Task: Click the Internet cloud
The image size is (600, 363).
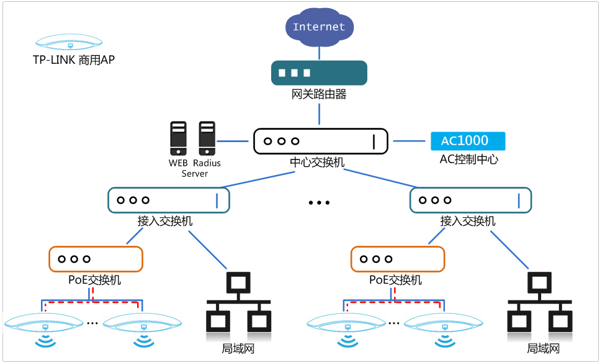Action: click(319, 27)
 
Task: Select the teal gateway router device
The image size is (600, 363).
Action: click(319, 73)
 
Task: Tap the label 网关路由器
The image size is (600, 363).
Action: click(319, 95)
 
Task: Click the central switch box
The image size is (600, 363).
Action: click(320, 141)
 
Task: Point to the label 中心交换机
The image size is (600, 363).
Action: click(317, 163)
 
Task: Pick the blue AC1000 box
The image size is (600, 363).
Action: click(468, 141)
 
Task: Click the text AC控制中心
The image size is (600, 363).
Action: click(468, 159)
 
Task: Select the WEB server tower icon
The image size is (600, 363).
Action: click(178, 138)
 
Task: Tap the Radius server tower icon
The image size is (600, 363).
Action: click(207, 138)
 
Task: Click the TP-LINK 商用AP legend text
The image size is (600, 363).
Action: click(74, 60)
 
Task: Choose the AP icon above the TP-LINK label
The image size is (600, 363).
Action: click(69, 42)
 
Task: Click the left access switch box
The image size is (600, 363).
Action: click(169, 200)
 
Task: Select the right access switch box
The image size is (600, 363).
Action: click(471, 200)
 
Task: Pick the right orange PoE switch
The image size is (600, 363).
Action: click(397, 259)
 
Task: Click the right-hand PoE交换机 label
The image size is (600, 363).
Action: click(395, 280)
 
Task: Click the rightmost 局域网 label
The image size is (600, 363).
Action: click(543, 349)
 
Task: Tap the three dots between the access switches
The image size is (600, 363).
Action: click(319, 203)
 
